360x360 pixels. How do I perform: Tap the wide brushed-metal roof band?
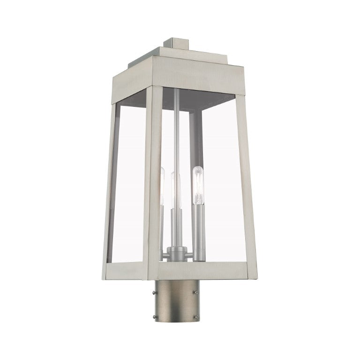pyautogui.click(x=187, y=77)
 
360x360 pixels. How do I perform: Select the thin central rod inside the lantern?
pyautogui.click(x=175, y=131)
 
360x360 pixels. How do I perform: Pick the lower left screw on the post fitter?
pyautogui.click(x=155, y=317)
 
